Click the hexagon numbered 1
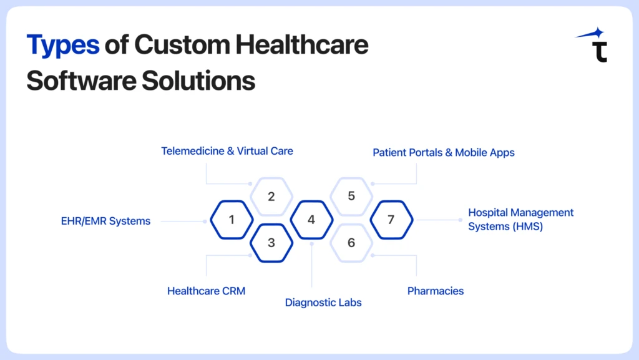point(232,220)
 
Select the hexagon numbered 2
point(271,197)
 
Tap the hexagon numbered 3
point(271,243)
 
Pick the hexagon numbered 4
point(311,220)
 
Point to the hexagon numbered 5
point(351,197)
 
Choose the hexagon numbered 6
point(351,243)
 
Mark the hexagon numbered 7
point(391,220)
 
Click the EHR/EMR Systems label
point(105,221)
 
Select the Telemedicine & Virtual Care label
point(227,151)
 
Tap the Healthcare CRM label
point(206,291)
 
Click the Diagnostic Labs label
point(323,303)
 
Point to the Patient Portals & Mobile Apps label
point(444,153)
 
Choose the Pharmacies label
point(435,291)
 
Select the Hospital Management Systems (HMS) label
point(520,220)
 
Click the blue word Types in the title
point(63,45)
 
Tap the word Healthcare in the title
point(302,44)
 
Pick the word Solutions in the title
point(198,80)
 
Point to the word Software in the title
point(82,80)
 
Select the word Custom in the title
point(182,44)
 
